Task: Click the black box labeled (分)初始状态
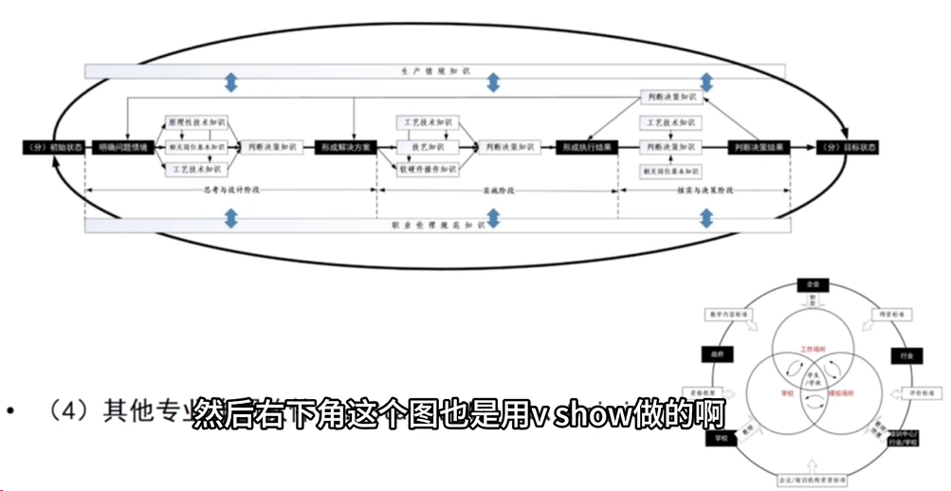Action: coord(53,148)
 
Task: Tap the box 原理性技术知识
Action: coord(196,123)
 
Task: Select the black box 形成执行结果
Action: coord(588,148)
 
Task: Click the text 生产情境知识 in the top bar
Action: coord(436,71)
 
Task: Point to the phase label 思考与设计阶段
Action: coord(231,190)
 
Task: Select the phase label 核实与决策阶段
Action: coord(704,190)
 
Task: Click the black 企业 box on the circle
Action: coord(812,283)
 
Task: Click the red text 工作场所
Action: coord(813,348)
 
